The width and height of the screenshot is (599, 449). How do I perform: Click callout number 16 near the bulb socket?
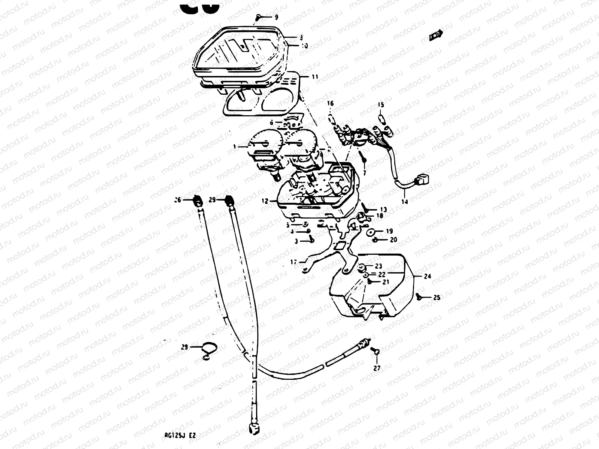330,103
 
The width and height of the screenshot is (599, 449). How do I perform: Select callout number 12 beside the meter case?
265,201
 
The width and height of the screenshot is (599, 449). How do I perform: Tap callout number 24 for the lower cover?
428,276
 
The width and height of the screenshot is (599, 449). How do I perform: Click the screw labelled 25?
419,297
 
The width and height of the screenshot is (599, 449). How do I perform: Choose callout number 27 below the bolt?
377,368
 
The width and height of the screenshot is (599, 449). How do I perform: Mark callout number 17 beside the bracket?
294,262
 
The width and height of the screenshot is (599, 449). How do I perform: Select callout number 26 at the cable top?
177,200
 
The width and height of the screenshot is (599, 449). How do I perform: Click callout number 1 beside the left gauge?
235,147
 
